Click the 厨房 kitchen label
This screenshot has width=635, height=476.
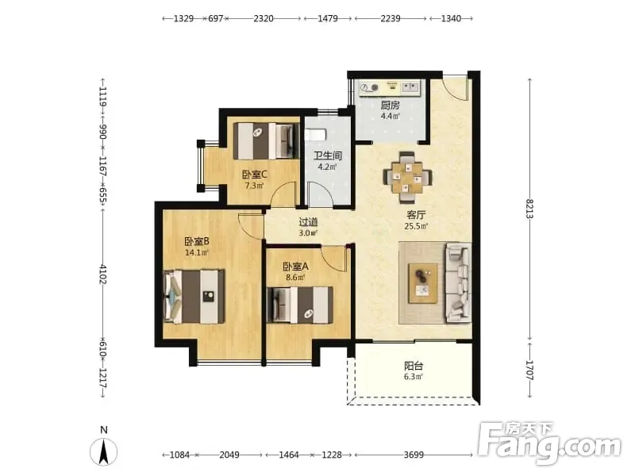click(390, 106)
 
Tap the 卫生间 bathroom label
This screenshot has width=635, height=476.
click(328, 155)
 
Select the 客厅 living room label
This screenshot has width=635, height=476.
click(416, 215)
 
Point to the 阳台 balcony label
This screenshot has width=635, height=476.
click(414, 366)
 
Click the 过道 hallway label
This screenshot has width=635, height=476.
click(308, 222)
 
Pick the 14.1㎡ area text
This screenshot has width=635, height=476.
click(196, 252)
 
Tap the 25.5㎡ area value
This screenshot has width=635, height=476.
click(416, 226)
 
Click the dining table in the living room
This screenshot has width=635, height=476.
click(407, 177)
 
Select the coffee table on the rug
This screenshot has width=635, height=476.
click(423, 283)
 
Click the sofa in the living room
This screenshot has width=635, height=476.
click(458, 282)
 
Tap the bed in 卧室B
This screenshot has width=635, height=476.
click(194, 297)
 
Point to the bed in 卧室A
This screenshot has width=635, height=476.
click(300, 305)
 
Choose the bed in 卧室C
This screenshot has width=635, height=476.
click(265, 141)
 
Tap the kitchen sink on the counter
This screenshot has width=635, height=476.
click(410, 87)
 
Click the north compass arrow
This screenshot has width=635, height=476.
click(104, 451)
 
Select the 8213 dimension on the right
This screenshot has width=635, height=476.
click(529, 209)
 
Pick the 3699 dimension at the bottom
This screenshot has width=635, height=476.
click(414, 455)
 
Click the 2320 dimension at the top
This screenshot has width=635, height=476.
click(264, 18)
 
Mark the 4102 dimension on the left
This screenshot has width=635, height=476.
click(103, 274)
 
